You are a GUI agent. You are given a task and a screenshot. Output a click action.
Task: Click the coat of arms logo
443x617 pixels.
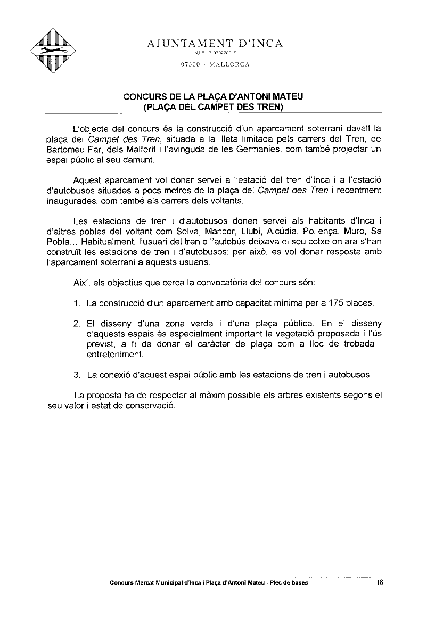click(x=53, y=51)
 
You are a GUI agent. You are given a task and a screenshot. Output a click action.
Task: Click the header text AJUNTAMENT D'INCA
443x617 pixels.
click(x=215, y=43)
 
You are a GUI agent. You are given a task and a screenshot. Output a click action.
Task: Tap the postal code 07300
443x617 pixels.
click(x=190, y=64)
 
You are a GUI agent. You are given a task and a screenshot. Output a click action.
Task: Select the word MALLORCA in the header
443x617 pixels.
click(x=229, y=64)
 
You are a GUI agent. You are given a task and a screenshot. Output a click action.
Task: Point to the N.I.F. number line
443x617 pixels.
click(x=215, y=54)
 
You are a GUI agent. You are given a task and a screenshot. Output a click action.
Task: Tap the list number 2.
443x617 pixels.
click(x=77, y=324)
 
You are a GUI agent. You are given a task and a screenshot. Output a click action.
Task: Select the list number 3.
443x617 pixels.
click(x=77, y=375)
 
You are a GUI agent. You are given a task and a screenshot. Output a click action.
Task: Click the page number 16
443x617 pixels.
click(x=379, y=582)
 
